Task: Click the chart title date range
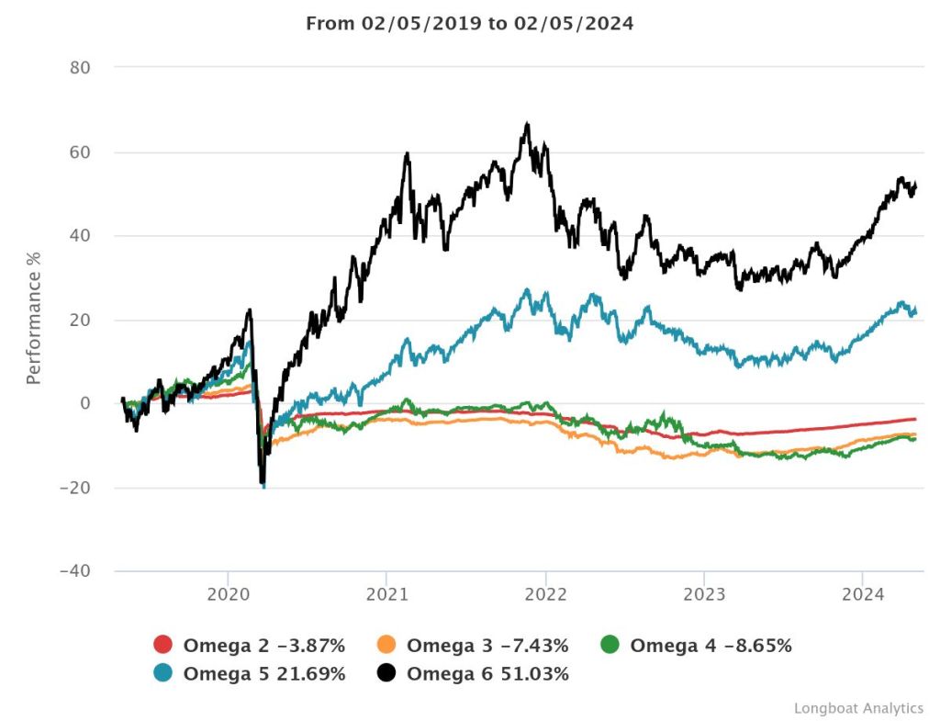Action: tap(469, 24)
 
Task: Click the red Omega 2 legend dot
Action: tap(163, 646)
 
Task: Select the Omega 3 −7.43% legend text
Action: tap(487, 646)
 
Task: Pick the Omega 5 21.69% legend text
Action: tap(264, 674)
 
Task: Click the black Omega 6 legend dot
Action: tap(386, 674)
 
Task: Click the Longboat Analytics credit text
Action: tap(858, 708)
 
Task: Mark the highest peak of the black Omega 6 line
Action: tap(527, 123)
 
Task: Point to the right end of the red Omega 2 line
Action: tap(915, 419)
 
